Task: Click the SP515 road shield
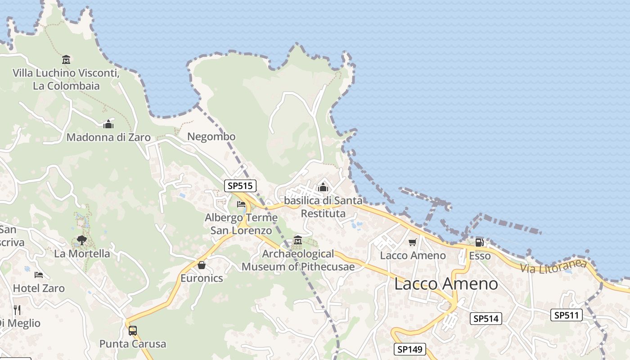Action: [240, 185]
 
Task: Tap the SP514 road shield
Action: [486, 319]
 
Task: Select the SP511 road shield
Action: [567, 315]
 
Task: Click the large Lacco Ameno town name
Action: [446, 284]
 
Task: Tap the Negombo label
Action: [211, 136]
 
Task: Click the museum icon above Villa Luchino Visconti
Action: [66, 59]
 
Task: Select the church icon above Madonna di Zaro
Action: [108, 124]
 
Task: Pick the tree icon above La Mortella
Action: [81, 240]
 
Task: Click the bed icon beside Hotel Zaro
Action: [39, 274]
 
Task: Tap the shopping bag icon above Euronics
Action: [202, 265]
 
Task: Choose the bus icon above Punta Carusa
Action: [132, 330]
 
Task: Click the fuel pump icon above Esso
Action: [480, 243]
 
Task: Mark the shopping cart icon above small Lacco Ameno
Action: [412, 243]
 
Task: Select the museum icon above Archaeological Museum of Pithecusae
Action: [297, 240]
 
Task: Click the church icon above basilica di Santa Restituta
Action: [323, 187]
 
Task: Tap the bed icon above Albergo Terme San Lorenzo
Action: [241, 204]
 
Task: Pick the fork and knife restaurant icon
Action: [17, 310]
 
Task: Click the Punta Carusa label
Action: [133, 344]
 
